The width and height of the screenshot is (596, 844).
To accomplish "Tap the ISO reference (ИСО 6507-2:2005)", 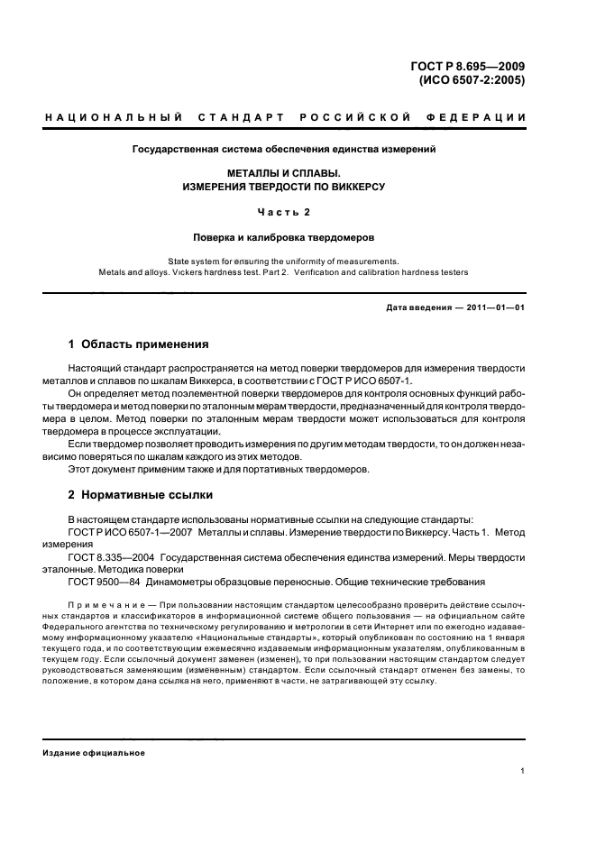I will coord(472,78).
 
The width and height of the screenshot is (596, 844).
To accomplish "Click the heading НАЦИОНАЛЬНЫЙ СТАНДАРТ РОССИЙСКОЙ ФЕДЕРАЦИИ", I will coord(285,117).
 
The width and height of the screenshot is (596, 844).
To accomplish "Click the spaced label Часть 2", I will coord(285,214).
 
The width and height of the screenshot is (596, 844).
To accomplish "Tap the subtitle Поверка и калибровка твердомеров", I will coord(285,242).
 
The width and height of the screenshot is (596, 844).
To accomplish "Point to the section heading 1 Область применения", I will coord(139,344).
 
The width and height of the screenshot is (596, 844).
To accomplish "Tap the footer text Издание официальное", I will coord(95,753).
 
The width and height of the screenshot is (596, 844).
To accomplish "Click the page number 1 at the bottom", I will coord(523,771).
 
